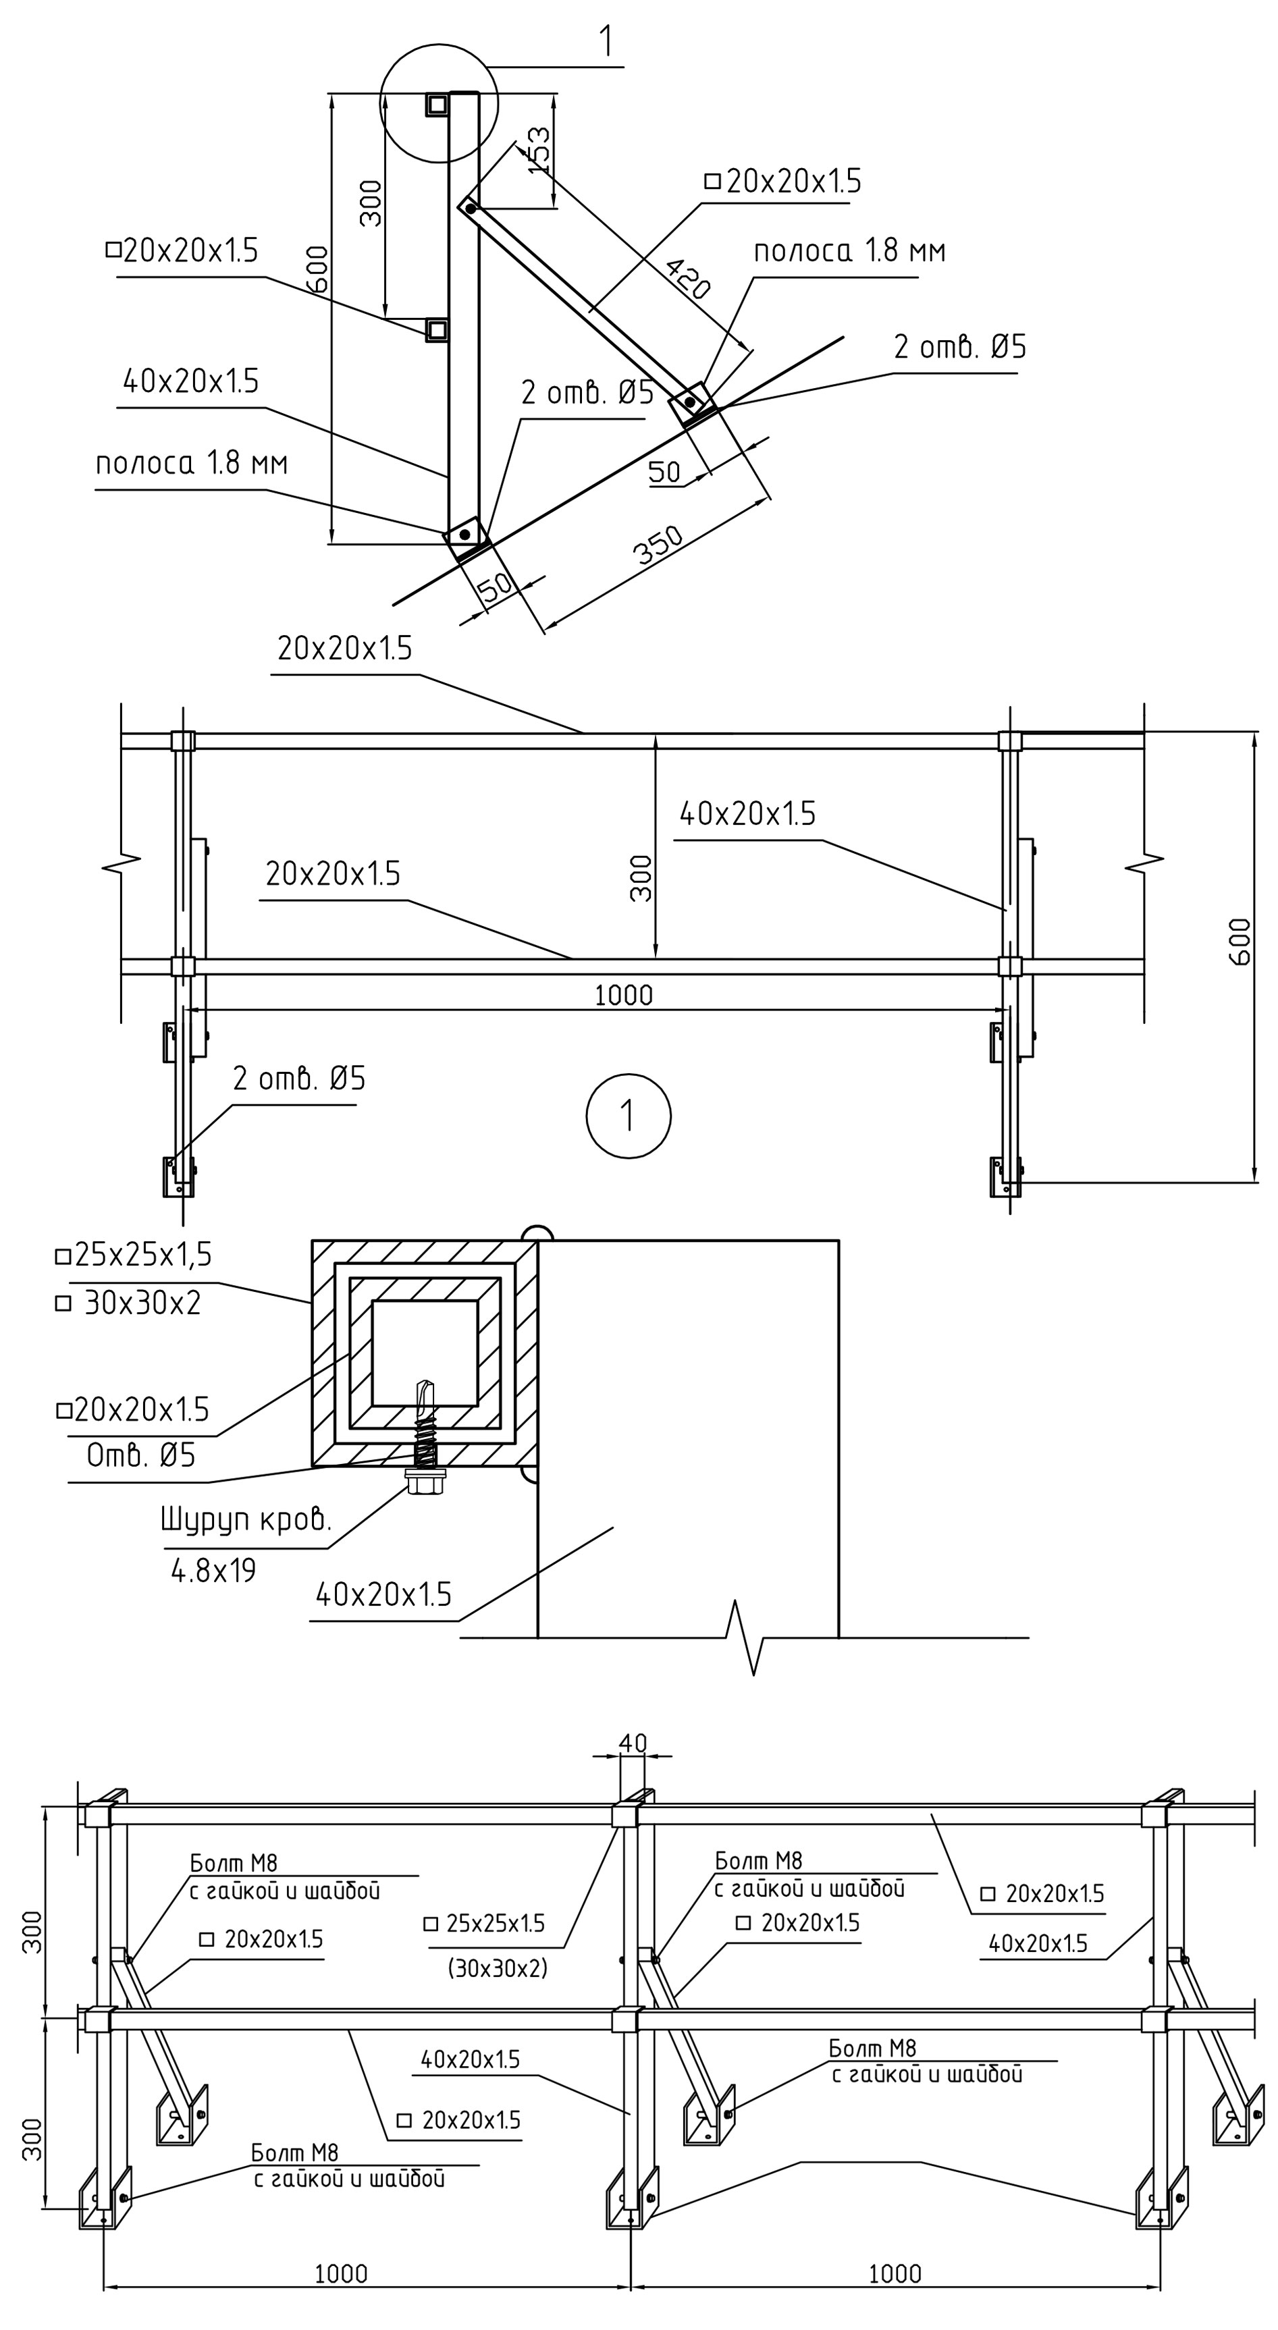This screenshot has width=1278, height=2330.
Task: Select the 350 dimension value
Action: (x=658, y=545)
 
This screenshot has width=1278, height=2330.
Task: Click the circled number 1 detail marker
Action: (x=629, y=1115)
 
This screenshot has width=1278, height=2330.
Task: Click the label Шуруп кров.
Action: (x=246, y=1519)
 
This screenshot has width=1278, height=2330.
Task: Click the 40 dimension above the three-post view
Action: (x=633, y=1742)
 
